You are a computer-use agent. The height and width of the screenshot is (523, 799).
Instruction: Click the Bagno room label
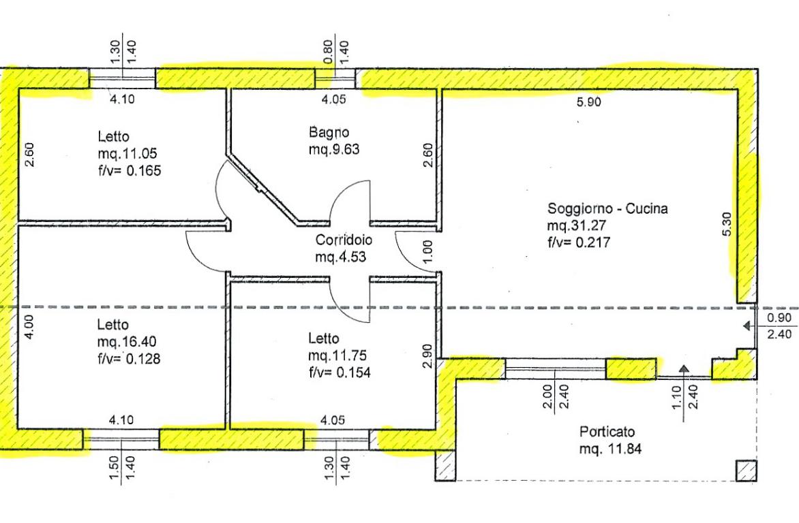329,132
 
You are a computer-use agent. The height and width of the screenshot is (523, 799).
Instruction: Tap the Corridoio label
344,240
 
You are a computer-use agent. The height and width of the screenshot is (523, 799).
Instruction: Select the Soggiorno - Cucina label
607,208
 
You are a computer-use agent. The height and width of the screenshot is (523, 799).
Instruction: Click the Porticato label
607,432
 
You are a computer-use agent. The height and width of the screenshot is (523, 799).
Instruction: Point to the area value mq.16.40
127,342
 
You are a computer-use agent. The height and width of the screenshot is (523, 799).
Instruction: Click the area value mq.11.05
127,153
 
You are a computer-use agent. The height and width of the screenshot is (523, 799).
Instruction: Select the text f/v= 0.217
579,242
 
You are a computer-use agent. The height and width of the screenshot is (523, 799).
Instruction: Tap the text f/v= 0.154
340,373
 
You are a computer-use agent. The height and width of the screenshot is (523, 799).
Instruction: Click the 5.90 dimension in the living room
588,102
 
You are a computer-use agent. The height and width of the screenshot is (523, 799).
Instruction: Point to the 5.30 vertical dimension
727,223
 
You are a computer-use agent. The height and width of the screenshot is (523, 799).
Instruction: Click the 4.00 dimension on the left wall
29,327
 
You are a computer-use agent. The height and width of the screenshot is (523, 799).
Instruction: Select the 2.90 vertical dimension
427,356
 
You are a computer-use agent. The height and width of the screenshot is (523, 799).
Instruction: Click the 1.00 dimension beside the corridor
427,252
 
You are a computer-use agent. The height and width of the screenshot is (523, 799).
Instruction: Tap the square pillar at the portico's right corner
746,471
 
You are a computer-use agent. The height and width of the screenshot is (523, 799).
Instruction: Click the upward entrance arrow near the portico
684,370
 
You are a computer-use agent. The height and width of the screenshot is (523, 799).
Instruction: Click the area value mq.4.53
340,257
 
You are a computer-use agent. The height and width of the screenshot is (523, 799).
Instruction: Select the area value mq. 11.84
610,449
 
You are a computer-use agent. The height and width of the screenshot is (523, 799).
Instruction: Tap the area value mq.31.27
576,225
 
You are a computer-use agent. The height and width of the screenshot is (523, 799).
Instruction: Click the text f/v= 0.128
128,359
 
